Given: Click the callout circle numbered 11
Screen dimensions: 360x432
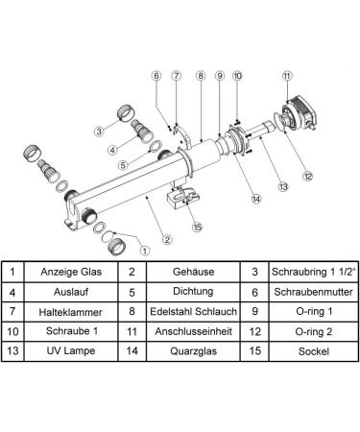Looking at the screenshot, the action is pyautogui.click(x=287, y=76).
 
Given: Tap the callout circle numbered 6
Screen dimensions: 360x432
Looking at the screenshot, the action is pyautogui.click(x=156, y=76).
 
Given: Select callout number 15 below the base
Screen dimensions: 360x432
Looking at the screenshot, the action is pyautogui.click(x=198, y=227).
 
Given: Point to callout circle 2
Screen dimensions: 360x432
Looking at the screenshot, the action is pyautogui.click(x=167, y=239).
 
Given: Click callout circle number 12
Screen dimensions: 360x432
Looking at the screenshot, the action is pyautogui.click(x=307, y=176).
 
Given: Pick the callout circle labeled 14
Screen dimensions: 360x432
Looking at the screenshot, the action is pyautogui.click(x=256, y=199).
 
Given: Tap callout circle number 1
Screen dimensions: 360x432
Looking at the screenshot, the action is pyautogui.click(x=145, y=251).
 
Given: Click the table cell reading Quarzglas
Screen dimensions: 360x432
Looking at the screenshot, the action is pyautogui.click(x=193, y=351).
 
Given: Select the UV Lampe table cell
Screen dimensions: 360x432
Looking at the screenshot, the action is pyautogui.click(x=71, y=350).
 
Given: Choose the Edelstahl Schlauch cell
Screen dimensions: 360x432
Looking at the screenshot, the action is pyautogui.click(x=193, y=311).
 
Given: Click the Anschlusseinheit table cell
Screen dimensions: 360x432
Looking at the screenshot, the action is pyautogui.click(x=193, y=331).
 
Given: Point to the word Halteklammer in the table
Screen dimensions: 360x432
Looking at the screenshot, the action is pyautogui.click(x=71, y=312).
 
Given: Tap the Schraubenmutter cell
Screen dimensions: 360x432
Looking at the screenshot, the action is pyautogui.click(x=313, y=292).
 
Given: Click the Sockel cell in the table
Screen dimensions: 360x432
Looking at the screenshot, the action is pyautogui.click(x=313, y=351).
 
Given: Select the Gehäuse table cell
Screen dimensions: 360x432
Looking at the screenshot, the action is pyautogui.click(x=193, y=272).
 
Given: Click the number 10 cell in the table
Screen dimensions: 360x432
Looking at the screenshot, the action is pyautogui.click(x=12, y=331).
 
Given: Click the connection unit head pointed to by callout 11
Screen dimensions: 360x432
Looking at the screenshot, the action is pyautogui.click(x=300, y=114).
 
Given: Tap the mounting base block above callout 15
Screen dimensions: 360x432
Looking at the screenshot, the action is pyautogui.click(x=182, y=197).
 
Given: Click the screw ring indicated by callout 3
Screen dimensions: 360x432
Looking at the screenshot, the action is pyautogui.click(x=126, y=113).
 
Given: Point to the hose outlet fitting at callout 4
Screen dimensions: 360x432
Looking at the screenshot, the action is pyautogui.click(x=142, y=131).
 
